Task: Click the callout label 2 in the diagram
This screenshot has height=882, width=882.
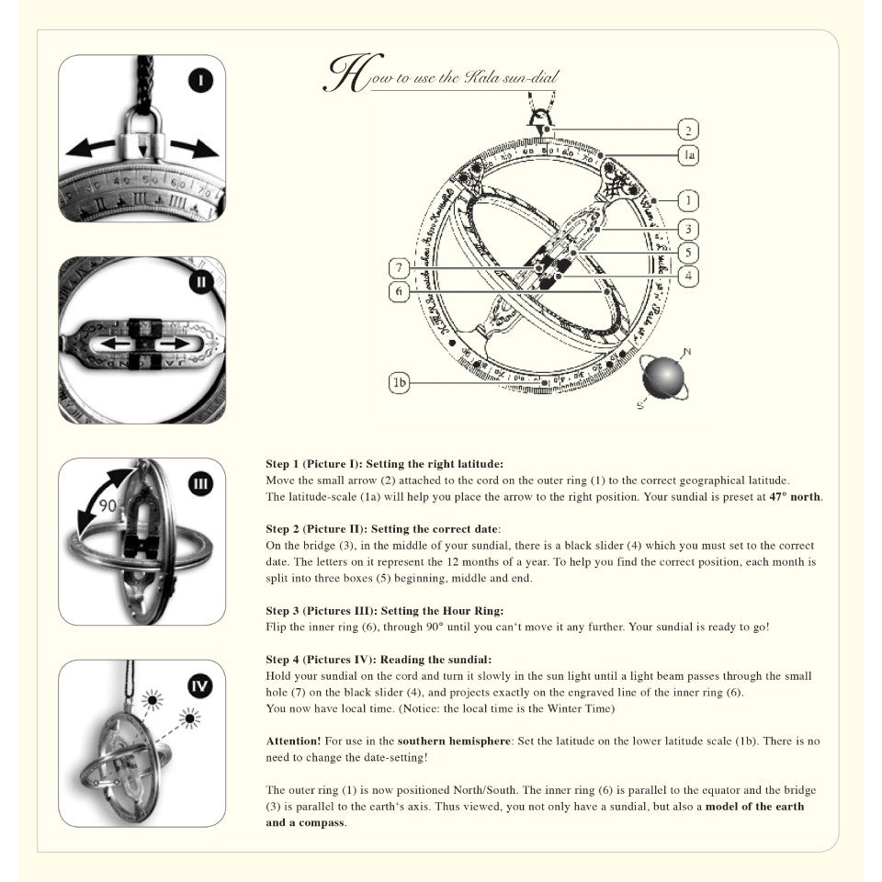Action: (688, 130)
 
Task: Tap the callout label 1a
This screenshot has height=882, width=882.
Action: (688, 155)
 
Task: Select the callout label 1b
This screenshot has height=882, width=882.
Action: (399, 383)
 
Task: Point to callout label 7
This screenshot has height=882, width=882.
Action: (399, 268)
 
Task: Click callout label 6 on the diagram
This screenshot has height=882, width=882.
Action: (399, 291)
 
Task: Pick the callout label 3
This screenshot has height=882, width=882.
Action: (688, 229)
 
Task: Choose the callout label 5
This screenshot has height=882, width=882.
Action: (688, 252)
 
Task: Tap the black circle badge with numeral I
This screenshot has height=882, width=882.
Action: (201, 81)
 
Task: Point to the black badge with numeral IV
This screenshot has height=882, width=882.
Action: (201, 685)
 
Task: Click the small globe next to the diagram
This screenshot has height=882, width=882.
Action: (663, 378)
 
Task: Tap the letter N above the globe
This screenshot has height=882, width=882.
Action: (687, 351)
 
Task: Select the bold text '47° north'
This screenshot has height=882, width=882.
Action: (795, 497)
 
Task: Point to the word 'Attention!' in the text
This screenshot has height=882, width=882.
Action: (293, 740)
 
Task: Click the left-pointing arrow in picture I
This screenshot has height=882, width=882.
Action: (89, 147)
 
